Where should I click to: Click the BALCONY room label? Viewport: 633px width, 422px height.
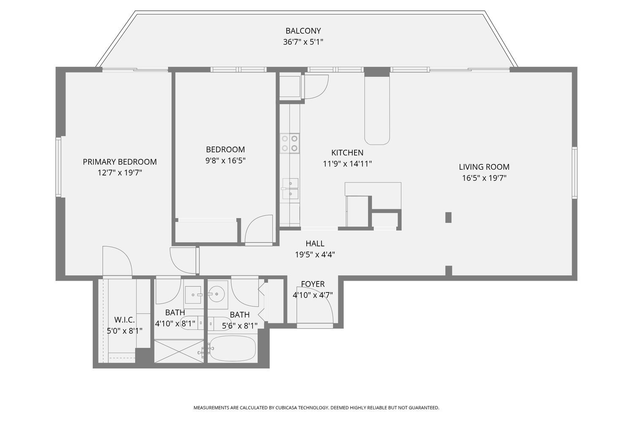click(303, 31)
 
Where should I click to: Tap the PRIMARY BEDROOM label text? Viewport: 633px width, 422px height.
click(119, 162)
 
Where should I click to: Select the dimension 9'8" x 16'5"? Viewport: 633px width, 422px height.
click(225, 160)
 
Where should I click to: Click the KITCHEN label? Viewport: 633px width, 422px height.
click(347, 153)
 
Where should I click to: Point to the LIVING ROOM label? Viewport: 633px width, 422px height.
click(484, 167)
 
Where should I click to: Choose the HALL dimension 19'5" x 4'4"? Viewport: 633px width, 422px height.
click(315, 254)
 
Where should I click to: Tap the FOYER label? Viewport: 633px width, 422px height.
click(313, 284)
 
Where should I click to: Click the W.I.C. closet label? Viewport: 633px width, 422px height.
click(124, 320)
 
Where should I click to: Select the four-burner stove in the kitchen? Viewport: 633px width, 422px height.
click(290, 143)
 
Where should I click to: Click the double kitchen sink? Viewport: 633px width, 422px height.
click(290, 188)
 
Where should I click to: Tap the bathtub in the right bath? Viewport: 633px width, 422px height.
click(233, 349)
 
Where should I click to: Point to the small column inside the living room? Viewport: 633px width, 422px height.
click(448, 217)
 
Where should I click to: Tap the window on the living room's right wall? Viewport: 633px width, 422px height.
click(574, 173)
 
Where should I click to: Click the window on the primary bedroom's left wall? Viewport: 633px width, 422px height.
click(59, 167)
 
